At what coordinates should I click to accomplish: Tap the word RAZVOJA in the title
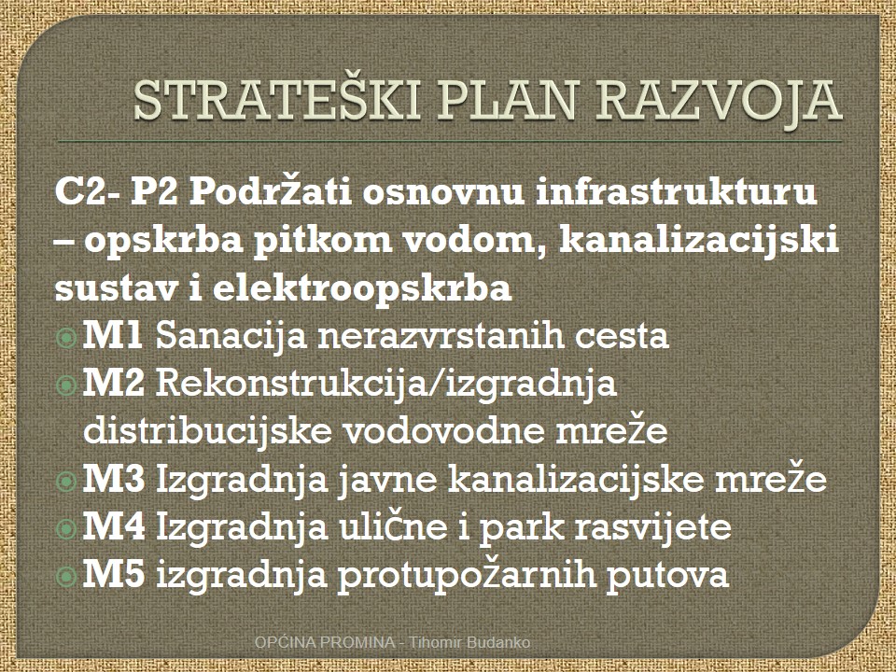[719, 102]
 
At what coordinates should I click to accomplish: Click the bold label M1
[113, 335]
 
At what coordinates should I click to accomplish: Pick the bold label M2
[114, 383]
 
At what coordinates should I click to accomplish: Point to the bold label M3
[114, 479]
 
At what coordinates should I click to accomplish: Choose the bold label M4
[114, 526]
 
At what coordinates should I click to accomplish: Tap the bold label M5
[114, 575]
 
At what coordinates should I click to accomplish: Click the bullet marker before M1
[67, 338]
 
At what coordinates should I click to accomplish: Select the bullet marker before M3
[67, 482]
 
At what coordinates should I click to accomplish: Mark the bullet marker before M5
[67, 576]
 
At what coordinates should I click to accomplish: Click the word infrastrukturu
[676, 192]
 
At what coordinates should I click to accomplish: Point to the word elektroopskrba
[362, 289]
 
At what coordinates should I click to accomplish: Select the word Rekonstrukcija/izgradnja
[386, 385]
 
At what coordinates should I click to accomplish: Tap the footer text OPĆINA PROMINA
[325, 642]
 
